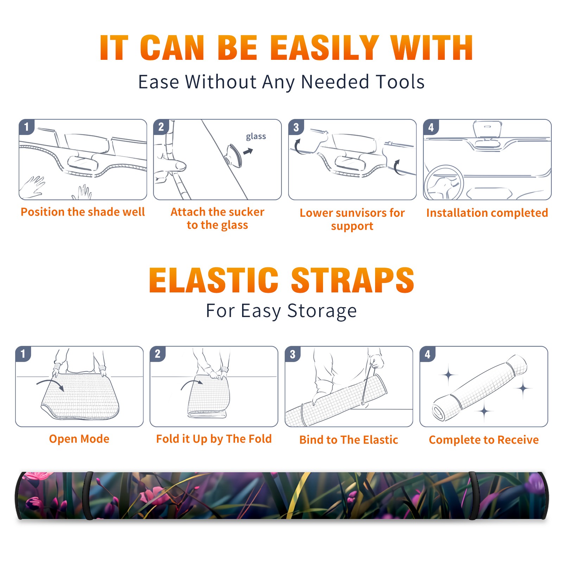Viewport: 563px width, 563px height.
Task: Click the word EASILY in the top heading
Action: click(325, 48)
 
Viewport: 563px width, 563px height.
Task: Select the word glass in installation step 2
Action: click(256, 137)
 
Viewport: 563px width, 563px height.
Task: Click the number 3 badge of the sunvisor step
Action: click(296, 127)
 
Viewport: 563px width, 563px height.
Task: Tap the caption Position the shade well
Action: click(83, 212)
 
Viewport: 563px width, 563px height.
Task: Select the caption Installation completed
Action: click(487, 213)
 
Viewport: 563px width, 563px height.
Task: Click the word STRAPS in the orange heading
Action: click(353, 280)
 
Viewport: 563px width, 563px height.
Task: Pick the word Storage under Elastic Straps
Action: click(322, 311)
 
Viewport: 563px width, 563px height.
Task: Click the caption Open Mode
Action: click(79, 439)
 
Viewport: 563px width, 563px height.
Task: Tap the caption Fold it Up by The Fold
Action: click(214, 439)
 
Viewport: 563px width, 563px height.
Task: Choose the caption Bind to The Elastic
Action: click(349, 439)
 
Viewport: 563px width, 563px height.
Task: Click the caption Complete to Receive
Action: click(484, 439)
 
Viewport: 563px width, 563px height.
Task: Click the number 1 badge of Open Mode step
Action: click(23, 354)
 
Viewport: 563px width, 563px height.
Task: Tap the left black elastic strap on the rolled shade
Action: click(88, 496)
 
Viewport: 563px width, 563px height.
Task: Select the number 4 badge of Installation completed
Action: click(431, 127)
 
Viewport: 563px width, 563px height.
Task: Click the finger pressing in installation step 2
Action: click(173, 165)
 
